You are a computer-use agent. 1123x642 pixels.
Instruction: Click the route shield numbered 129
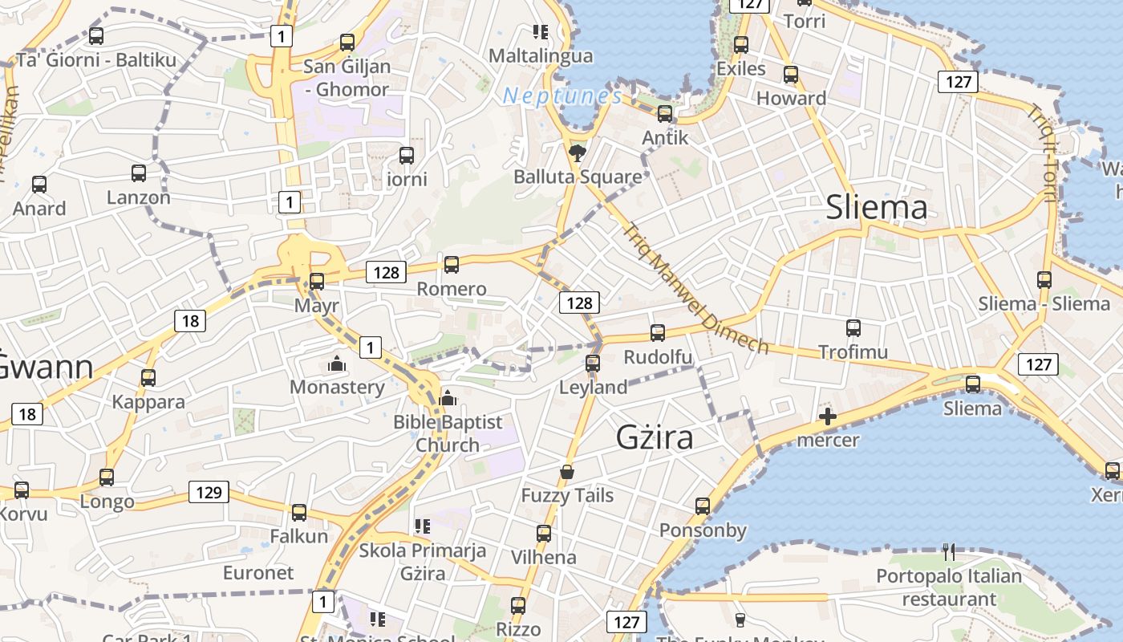pos(209,492)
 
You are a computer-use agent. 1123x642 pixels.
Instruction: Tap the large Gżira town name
pos(655,437)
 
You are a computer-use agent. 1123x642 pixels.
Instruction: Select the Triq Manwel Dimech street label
pos(696,287)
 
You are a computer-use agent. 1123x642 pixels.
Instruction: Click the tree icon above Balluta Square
pos(576,152)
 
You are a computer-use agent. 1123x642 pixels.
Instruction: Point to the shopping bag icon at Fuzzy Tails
pos(567,471)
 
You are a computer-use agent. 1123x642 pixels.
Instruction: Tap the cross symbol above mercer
pos(828,416)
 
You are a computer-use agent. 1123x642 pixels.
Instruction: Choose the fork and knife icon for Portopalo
pos(949,551)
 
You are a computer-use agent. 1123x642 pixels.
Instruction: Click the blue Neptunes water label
pos(561,97)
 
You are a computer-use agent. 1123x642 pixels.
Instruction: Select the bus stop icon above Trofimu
pos(853,327)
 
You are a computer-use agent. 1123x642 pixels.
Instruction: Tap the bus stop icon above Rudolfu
pos(658,332)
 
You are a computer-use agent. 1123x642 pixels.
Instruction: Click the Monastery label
pos(337,387)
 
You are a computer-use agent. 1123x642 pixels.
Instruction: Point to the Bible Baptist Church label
pos(448,433)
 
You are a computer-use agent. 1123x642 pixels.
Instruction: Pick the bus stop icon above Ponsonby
pos(703,506)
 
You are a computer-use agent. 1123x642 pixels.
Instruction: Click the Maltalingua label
pos(541,56)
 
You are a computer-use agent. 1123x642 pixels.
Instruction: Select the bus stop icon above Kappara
pos(148,377)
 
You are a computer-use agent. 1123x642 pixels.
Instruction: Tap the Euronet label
pos(258,573)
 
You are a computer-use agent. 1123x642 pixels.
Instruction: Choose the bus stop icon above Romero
pos(452,264)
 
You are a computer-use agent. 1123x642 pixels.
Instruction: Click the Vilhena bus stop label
pos(544,557)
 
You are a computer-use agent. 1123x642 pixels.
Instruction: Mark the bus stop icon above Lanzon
pos(139,173)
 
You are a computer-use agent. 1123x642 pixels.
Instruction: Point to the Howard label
pos(791,99)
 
